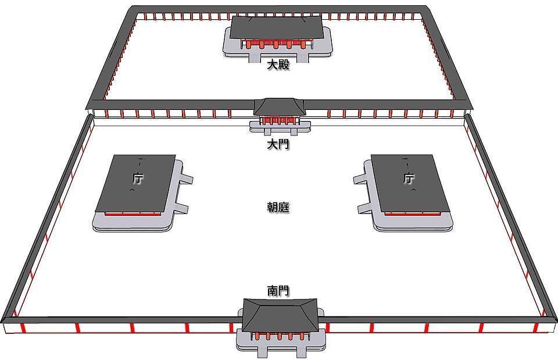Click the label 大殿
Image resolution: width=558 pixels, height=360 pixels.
(278, 65)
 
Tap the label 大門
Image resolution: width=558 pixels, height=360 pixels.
(278, 144)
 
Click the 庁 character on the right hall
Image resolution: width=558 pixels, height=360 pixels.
(409, 178)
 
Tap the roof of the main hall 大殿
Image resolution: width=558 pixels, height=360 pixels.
(277, 27)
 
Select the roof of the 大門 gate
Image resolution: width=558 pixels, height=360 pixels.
(279, 106)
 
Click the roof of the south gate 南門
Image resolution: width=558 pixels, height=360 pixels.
(280, 315)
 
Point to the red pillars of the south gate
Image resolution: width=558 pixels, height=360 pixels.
(280, 336)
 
